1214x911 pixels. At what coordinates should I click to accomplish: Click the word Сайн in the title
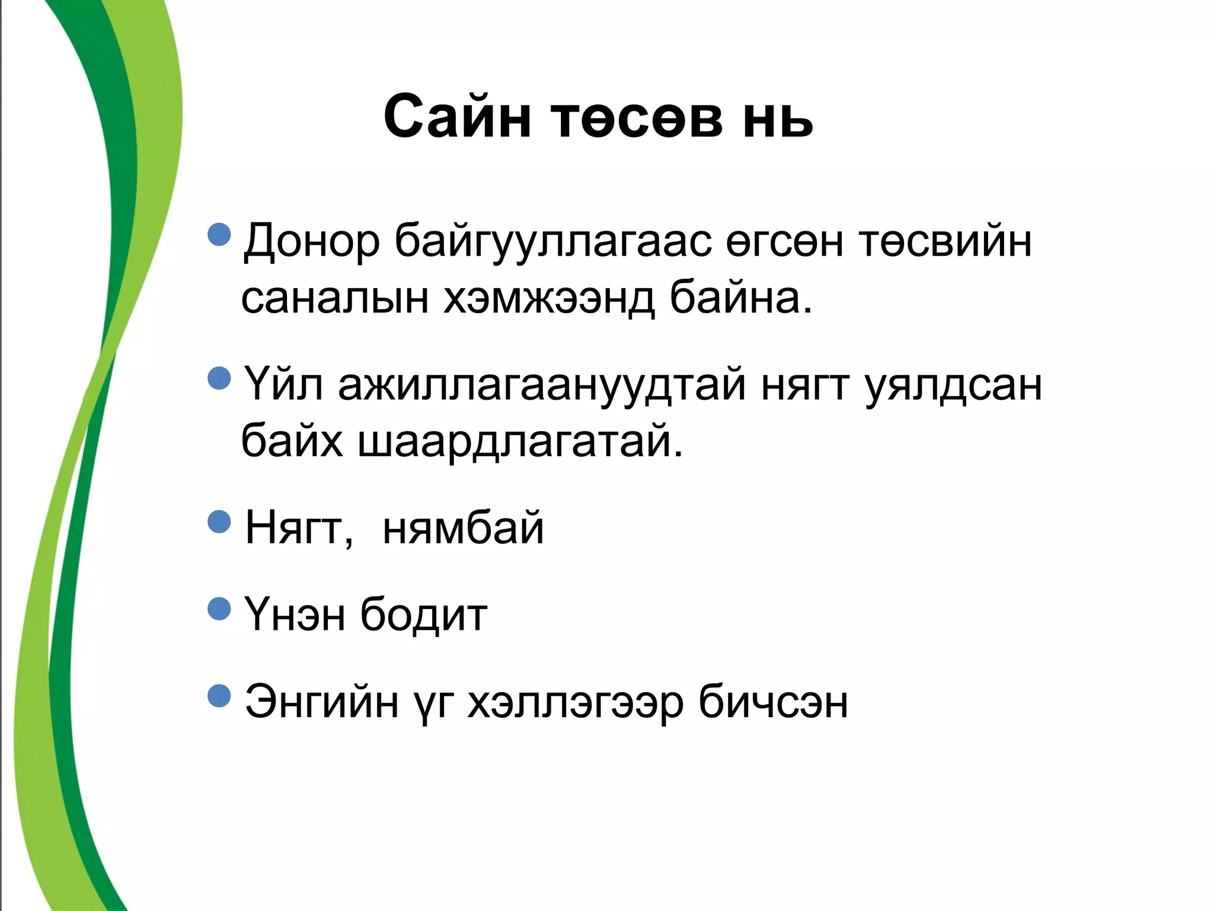(456, 117)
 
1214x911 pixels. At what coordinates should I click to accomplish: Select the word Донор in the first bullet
(312, 242)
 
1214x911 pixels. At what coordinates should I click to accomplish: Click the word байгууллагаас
(553, 242)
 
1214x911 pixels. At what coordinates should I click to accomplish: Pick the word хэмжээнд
(549, 298)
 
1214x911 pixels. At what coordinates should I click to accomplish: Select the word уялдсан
(953, 386)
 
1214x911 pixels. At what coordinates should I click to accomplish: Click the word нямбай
(463, 528)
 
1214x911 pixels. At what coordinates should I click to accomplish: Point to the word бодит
(424, 615)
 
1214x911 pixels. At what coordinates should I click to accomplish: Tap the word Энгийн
(321, 702)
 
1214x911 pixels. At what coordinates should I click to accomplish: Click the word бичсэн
(773, 702)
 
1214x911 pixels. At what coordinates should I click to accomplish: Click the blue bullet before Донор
(219, 234)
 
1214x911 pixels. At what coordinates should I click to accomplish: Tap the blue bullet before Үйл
(219, 378)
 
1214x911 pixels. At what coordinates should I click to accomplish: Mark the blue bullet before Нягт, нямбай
(219, 522)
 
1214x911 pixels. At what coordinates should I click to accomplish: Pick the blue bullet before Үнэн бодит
(219, 609)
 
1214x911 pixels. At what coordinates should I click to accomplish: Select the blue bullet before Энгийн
(219, 696)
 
